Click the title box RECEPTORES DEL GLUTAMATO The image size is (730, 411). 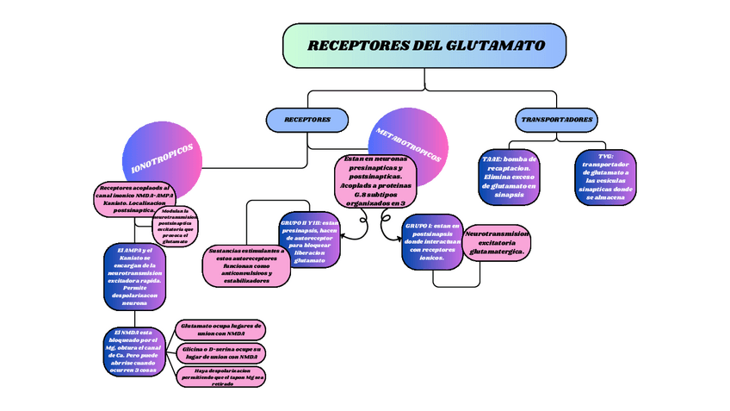[424, 45]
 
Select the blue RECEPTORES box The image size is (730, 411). [308, 120]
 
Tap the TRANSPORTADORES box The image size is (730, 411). [556, 119]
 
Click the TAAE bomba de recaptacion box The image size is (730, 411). [509, 177]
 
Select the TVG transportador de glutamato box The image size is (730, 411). [605, 177]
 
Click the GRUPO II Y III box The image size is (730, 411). [310, 240]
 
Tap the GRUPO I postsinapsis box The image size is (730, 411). [433, 241]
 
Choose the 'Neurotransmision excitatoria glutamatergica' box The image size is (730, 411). [496, 242]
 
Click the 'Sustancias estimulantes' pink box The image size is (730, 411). [246, 266]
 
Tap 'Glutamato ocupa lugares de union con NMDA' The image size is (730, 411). [220, 329]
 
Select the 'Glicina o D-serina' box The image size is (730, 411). [220, 352]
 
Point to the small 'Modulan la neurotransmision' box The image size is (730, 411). [175, 227]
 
